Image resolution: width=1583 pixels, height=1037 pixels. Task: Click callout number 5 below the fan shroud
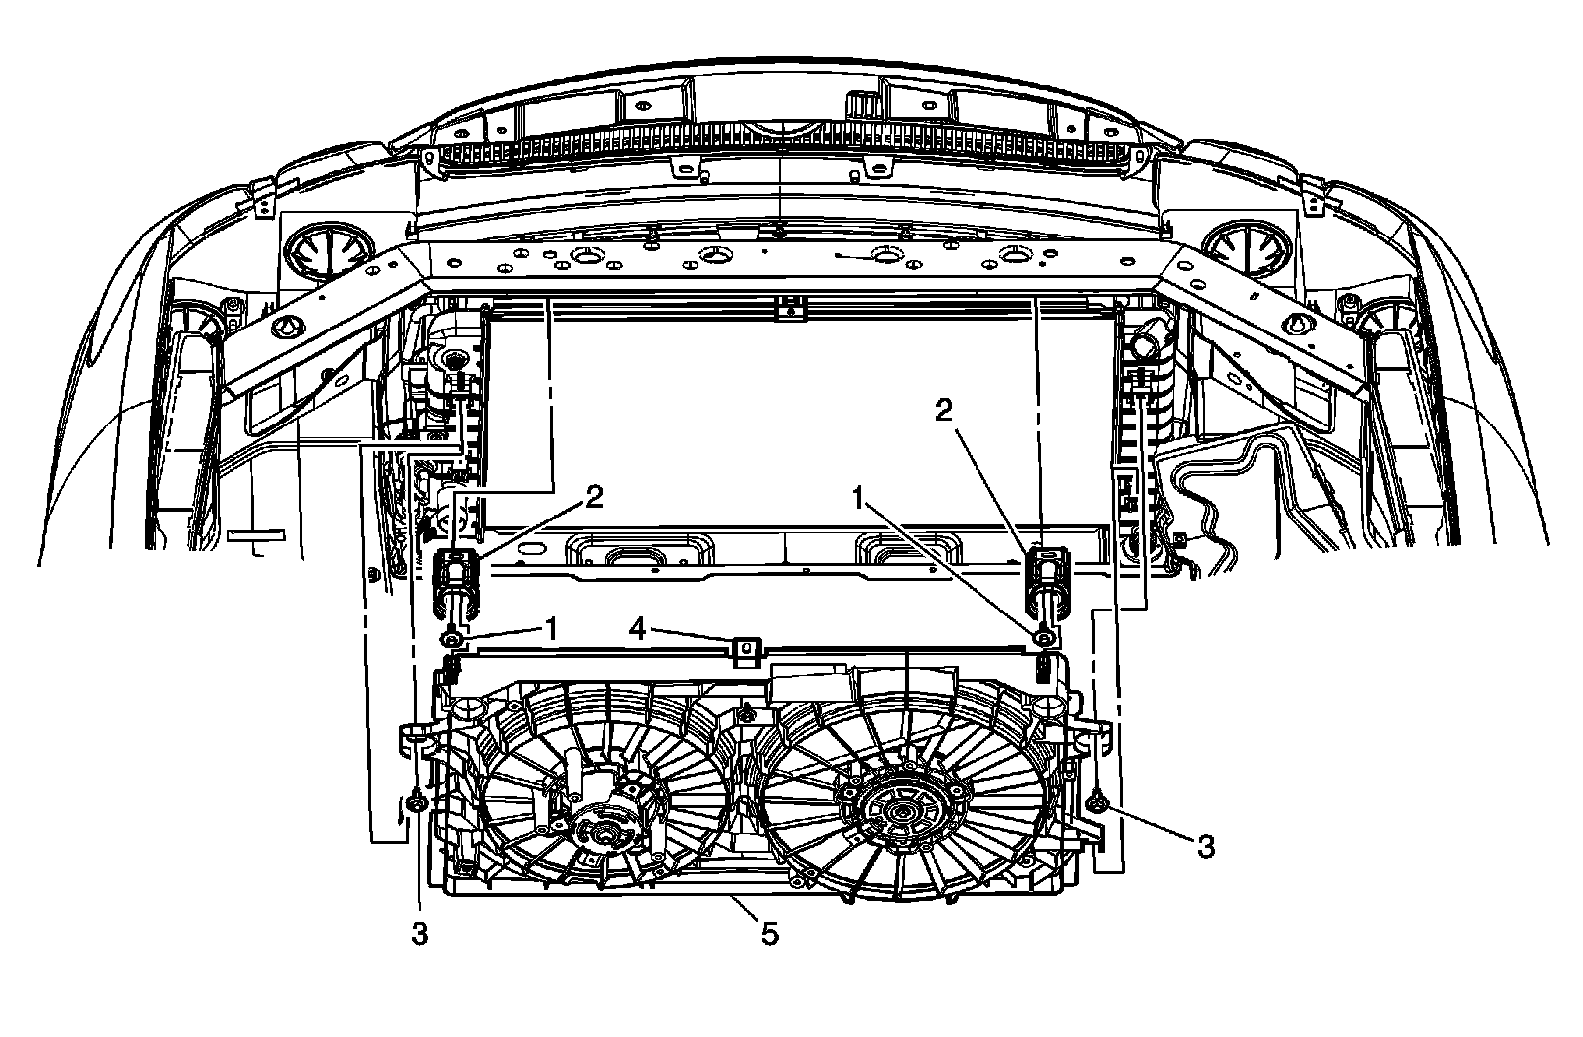tap(769, 933)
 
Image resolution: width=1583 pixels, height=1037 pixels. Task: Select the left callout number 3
tap(419, 934)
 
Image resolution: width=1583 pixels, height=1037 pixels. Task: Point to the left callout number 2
tap(593, 498)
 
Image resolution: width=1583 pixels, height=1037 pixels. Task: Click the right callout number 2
tap(944, 410)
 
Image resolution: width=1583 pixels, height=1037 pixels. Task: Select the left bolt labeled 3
tap(419, 803)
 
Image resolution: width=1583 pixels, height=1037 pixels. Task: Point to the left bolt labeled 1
tap(452, 641)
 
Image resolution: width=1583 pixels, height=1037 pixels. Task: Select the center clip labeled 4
tap(746, 651)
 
